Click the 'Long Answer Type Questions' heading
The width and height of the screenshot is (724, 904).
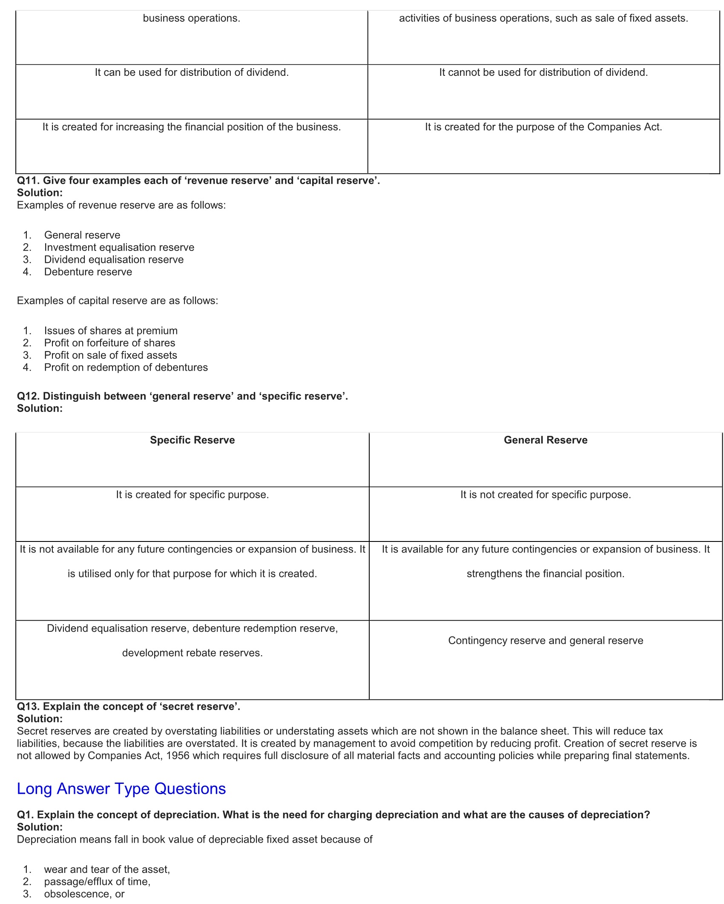121,789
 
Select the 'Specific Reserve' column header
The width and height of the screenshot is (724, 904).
192,440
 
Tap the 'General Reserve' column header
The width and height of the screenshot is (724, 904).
545,440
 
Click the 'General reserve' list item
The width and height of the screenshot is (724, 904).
82,235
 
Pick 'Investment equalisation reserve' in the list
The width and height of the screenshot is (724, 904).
119,247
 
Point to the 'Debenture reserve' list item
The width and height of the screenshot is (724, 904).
88,272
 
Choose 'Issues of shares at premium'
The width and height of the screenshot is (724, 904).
111,331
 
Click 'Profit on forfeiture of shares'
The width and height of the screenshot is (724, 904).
109,343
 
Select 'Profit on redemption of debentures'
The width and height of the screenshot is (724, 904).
126,367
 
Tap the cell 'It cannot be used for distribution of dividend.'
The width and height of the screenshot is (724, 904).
543,72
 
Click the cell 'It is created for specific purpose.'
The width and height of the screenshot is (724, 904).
192,495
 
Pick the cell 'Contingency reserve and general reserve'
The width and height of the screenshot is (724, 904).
545,641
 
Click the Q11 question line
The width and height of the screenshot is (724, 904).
198,181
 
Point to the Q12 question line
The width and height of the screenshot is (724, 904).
182,396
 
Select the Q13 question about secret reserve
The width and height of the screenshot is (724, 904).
128,706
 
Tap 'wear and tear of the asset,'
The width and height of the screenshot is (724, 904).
107,869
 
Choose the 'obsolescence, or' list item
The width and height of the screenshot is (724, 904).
84,894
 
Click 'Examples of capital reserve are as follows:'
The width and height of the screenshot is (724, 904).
117,301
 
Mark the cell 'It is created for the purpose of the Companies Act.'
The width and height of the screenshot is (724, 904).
543,127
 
